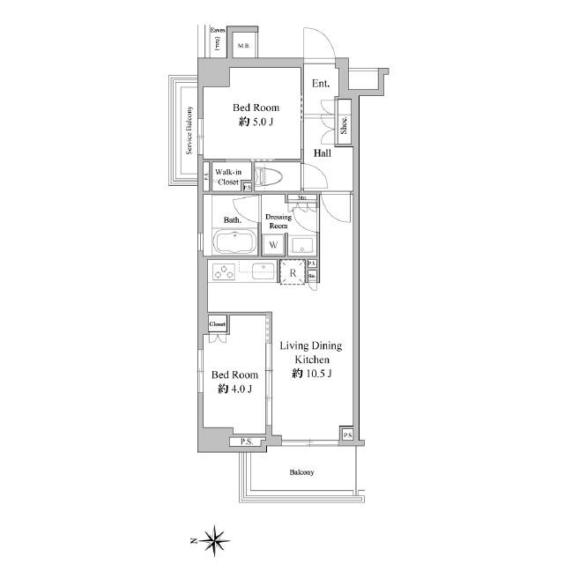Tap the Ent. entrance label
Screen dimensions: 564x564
point(320,85)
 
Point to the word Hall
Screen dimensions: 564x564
point(323,153)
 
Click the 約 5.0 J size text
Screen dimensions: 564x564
point(256,122)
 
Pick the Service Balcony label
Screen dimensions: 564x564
point(189,130)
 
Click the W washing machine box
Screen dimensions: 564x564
point(274,244)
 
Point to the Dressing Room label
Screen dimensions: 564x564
point(278,220)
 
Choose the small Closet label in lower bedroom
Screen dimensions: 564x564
point(218,324)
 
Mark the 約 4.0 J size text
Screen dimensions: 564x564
point(234,389)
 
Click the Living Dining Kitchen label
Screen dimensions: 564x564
point(310,352)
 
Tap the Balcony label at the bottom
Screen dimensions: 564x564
point(301,472)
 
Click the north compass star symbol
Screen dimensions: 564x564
point(215,538)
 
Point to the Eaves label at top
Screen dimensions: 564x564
point(217,30)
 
